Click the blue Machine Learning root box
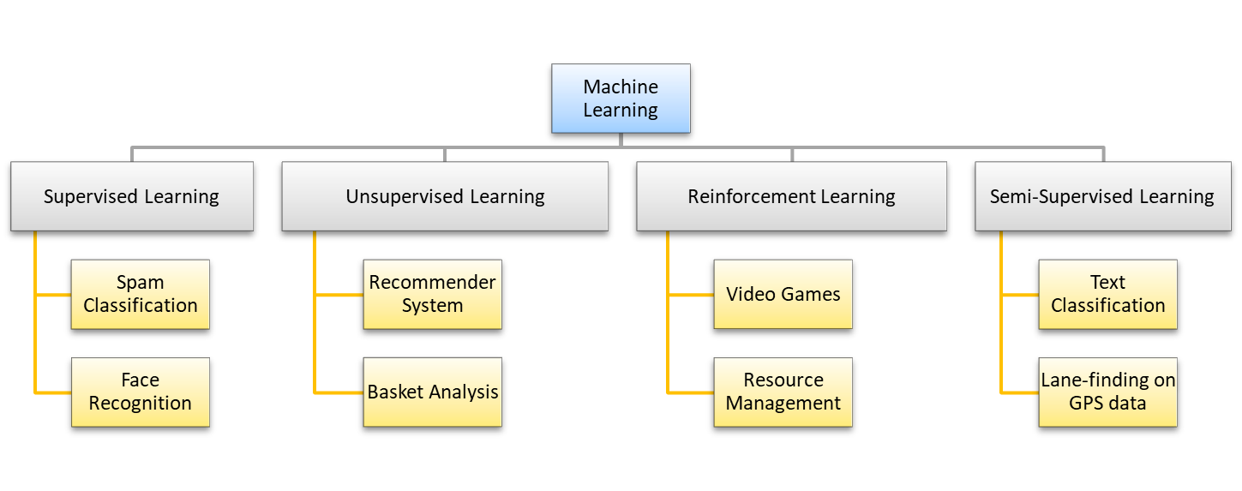pos(621,99)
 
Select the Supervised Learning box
pos(132,196)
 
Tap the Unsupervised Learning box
pos(445,196)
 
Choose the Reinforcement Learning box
pos(791,196)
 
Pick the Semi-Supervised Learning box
pos(1102,196)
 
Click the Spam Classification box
pos(140,294)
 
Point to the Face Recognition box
pos(140,392)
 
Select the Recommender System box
pos(432,294)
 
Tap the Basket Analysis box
pos(432,392)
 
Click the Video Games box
pos(783,294)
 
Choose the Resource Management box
pos(783,392)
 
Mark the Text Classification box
pos(1107,294)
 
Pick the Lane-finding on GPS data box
pos(1107,392)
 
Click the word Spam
pos(140,283)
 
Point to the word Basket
pos(397,392)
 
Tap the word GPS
pos(1086,403)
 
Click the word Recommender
pos(432,283)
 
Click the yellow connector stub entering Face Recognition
pos(53,392)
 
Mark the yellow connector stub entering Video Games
pos(691,295)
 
